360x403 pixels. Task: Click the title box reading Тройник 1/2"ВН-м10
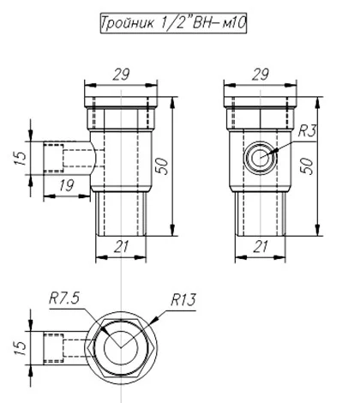pos(173,23)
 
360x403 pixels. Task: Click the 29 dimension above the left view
pos(121,75)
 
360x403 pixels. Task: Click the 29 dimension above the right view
pos(261,75)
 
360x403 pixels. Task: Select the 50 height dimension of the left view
pos(161,165)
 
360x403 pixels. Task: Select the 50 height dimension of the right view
pos(307,165)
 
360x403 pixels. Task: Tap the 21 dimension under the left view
pos(121,246)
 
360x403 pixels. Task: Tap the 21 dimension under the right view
pos(261,246)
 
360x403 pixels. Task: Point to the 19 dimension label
pos(67,185)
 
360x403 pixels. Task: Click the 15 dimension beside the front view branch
pos(21,158)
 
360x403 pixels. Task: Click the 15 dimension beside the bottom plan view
pos(21,348)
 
